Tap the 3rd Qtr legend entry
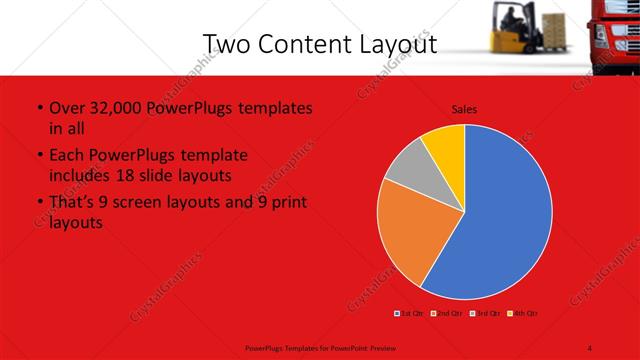coord(487,314)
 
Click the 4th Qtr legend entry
coord(524,314)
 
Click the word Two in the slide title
coord(226,44)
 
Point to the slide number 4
coord(590,347)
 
